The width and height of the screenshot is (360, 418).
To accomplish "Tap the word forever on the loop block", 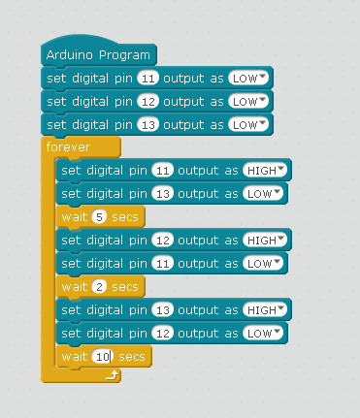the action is pos(67,147).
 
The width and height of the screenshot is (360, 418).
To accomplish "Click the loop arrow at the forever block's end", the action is pos(112,373).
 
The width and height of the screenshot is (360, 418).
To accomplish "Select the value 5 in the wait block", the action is pos(98,217).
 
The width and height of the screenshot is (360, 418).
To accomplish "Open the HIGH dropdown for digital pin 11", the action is pos(265,171).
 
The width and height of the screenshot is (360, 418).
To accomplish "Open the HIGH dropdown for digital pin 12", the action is pos(265,241).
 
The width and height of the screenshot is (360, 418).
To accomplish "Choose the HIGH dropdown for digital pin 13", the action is pos(265,310).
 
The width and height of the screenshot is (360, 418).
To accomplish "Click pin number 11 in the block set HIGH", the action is pos(163,171).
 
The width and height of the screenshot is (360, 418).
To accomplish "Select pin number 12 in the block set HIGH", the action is pos(163,241).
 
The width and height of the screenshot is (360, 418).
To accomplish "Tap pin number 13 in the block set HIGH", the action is pos(163,310).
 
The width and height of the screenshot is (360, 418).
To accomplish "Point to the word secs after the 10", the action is pos(131,357).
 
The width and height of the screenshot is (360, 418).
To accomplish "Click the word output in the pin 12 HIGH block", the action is pos(206,241).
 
